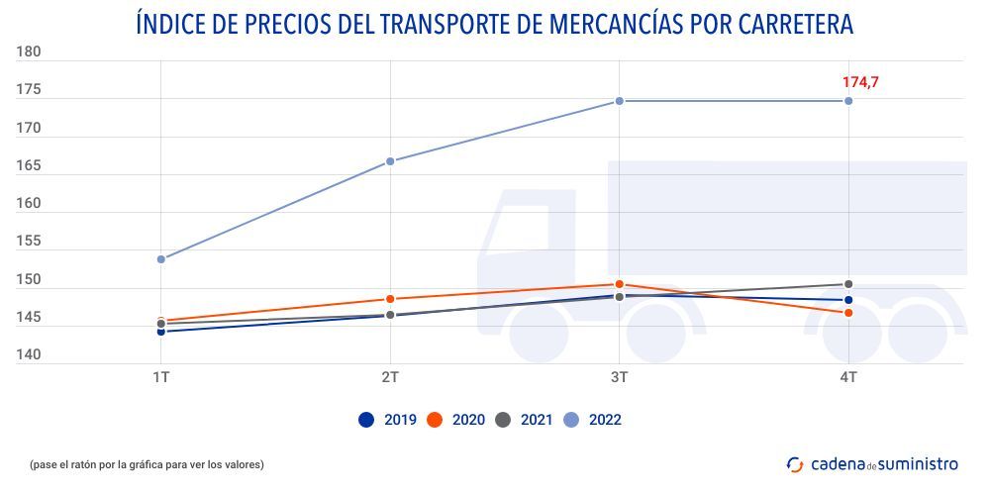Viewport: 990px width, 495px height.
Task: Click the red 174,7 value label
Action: [x=860, y=82]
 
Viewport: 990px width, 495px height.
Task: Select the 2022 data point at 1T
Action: [x=161, y=259]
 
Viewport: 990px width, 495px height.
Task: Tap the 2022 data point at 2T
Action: [x=390, y=161]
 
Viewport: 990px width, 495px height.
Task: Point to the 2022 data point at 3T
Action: [x=620, y=101]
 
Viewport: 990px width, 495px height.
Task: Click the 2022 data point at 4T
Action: [x=848, y=101]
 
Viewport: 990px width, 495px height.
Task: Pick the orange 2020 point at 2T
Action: [x=390, y=299]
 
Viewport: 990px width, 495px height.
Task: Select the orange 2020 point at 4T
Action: [x=848, y=313]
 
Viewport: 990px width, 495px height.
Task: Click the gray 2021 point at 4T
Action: [x=848, y=284]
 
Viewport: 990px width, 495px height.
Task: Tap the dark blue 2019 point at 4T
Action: [x=848, y=300]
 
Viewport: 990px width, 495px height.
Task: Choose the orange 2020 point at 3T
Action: [x=620, y=284]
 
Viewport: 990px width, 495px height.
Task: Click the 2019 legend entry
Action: [x=387, y=420]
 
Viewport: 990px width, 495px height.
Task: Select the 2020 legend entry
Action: [x=455, y=420]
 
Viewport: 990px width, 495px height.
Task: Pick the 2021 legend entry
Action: [x=524, y=420]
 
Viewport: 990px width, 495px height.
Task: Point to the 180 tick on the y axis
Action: [x=29, y=53]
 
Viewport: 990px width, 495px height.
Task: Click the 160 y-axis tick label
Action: [x=29, y=204]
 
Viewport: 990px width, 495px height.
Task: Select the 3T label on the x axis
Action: [x=620, y=378]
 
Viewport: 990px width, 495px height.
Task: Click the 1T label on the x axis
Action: [x=161, y=378]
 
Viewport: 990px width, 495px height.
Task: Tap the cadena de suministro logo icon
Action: [x=795, y=463]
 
